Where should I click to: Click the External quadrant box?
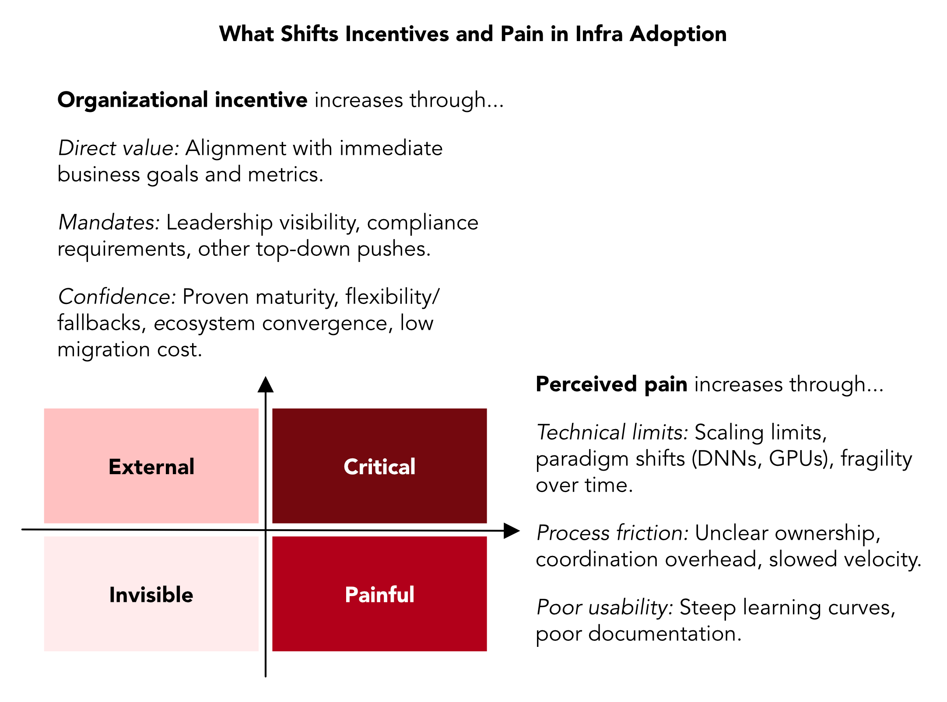coord(151,466)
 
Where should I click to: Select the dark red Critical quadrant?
coord(379,466)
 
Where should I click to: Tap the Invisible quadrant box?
coord(151,594)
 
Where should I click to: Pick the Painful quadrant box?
coord(379,594)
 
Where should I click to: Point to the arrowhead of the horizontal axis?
coord(512,531)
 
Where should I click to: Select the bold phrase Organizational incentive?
coord(182,100)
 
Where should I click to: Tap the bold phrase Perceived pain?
coord(611,384)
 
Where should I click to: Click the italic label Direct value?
coord(119,148)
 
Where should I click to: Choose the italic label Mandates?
coord(109,222)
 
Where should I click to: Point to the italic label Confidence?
coord(117,297)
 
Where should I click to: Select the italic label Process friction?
coord(613,533)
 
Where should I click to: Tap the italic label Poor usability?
coord(605,607)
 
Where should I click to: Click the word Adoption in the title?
coord(678,35)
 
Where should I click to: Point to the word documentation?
coord(665,633)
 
